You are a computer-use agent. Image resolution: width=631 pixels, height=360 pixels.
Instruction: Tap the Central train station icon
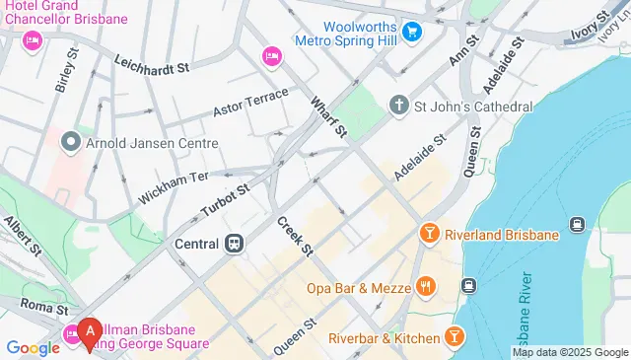click(235, 243)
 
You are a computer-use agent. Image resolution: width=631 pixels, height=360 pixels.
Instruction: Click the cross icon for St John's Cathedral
click(398, 105)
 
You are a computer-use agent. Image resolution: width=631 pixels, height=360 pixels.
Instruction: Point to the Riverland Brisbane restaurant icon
click(429, 234)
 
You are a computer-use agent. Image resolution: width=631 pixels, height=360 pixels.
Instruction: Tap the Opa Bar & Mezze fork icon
click(426, 287)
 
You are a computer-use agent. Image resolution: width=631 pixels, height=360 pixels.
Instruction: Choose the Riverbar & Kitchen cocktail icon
click(453, 338)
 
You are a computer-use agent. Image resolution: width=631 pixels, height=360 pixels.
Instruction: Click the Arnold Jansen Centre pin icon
click(70, 143)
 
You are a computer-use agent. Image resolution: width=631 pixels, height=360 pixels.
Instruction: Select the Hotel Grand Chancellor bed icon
click(32, 39)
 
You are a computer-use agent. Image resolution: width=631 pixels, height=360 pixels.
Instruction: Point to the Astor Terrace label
click(250, 102)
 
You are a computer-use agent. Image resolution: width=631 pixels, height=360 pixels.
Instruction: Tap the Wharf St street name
click(328, 116)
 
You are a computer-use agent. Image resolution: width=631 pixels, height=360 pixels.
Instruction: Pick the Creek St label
click(294, 237)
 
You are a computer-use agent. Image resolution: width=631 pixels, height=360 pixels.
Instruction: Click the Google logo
click(33, 347)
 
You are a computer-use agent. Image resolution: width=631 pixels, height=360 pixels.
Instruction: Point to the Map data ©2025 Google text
click(571, 352)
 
